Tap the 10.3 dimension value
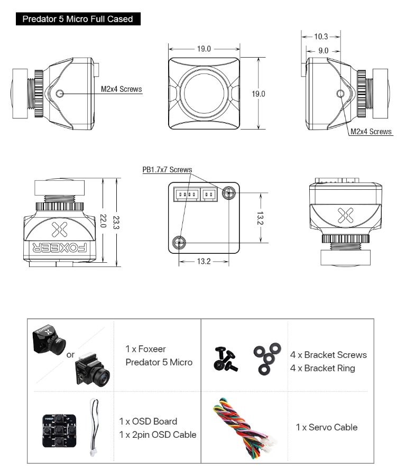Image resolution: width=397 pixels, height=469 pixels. (x=321, y=36)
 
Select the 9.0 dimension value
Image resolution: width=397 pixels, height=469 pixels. (x=324, y=50)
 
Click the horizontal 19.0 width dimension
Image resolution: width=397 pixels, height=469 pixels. (x=204, y=49)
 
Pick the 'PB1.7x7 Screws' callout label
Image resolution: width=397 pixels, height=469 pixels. (x=167, y=170)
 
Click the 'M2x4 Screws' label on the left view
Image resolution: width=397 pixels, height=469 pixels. (x=122, y=89)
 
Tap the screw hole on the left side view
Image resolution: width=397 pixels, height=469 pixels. (x=59, y=94)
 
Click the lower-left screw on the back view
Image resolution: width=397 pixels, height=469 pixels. (x=180, y=243)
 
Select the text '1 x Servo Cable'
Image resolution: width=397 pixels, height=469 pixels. (x=326, y=427)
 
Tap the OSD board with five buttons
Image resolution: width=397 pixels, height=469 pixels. (x=58, y=427)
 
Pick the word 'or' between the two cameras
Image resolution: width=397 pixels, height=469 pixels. (x=70, y=354)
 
